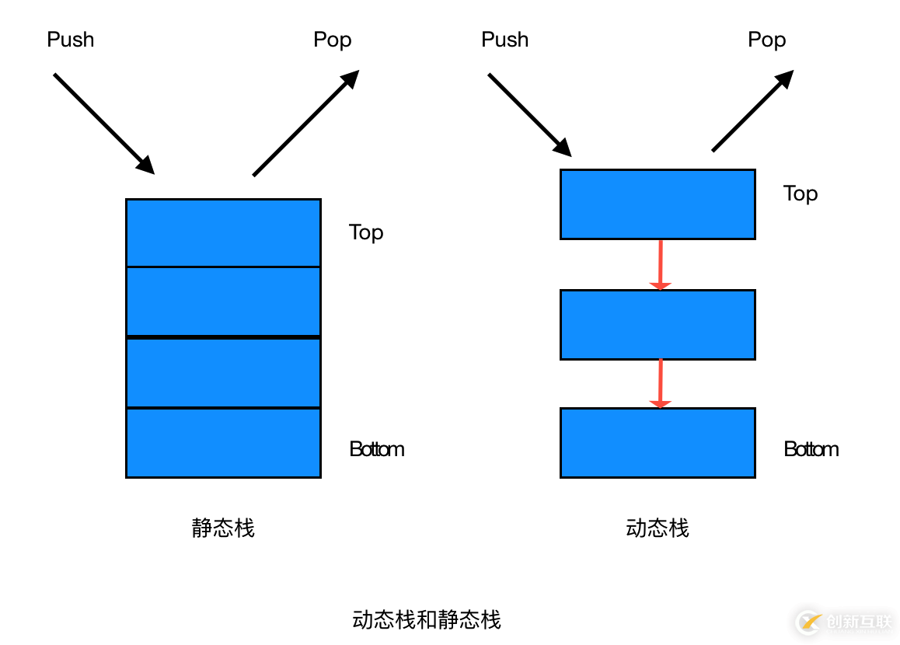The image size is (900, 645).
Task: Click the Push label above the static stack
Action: pos(71,40)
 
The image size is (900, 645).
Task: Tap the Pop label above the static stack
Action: pos(333,40)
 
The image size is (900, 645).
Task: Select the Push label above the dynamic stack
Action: pos(505,40)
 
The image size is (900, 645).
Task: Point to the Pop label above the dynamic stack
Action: pos(767,40)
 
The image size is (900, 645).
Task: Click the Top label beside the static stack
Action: pos(366,232)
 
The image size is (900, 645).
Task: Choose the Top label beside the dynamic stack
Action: pos(801,193)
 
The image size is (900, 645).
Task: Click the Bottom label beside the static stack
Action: pos(377,449)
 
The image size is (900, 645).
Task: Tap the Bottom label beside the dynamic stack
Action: pos(811,449)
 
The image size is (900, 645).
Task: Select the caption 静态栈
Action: pos(223,528)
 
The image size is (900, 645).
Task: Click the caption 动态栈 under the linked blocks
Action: pos(658,528)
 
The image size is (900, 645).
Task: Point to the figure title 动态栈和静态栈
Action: pos(427,619)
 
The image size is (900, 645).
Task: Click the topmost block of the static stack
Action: pos(223,233)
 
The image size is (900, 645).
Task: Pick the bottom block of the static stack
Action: pos(223,443)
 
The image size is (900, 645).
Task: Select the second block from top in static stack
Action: pos(223,302)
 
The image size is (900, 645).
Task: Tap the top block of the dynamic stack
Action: pos(658,204)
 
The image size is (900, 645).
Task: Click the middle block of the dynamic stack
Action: pos(658,325)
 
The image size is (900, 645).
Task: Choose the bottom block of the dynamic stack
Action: pos(658,443)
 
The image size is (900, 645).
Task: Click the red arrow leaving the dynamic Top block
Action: pos(661,264)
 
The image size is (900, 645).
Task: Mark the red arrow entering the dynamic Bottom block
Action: pos(661,383)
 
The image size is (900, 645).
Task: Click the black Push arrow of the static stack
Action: pos(103,123)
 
